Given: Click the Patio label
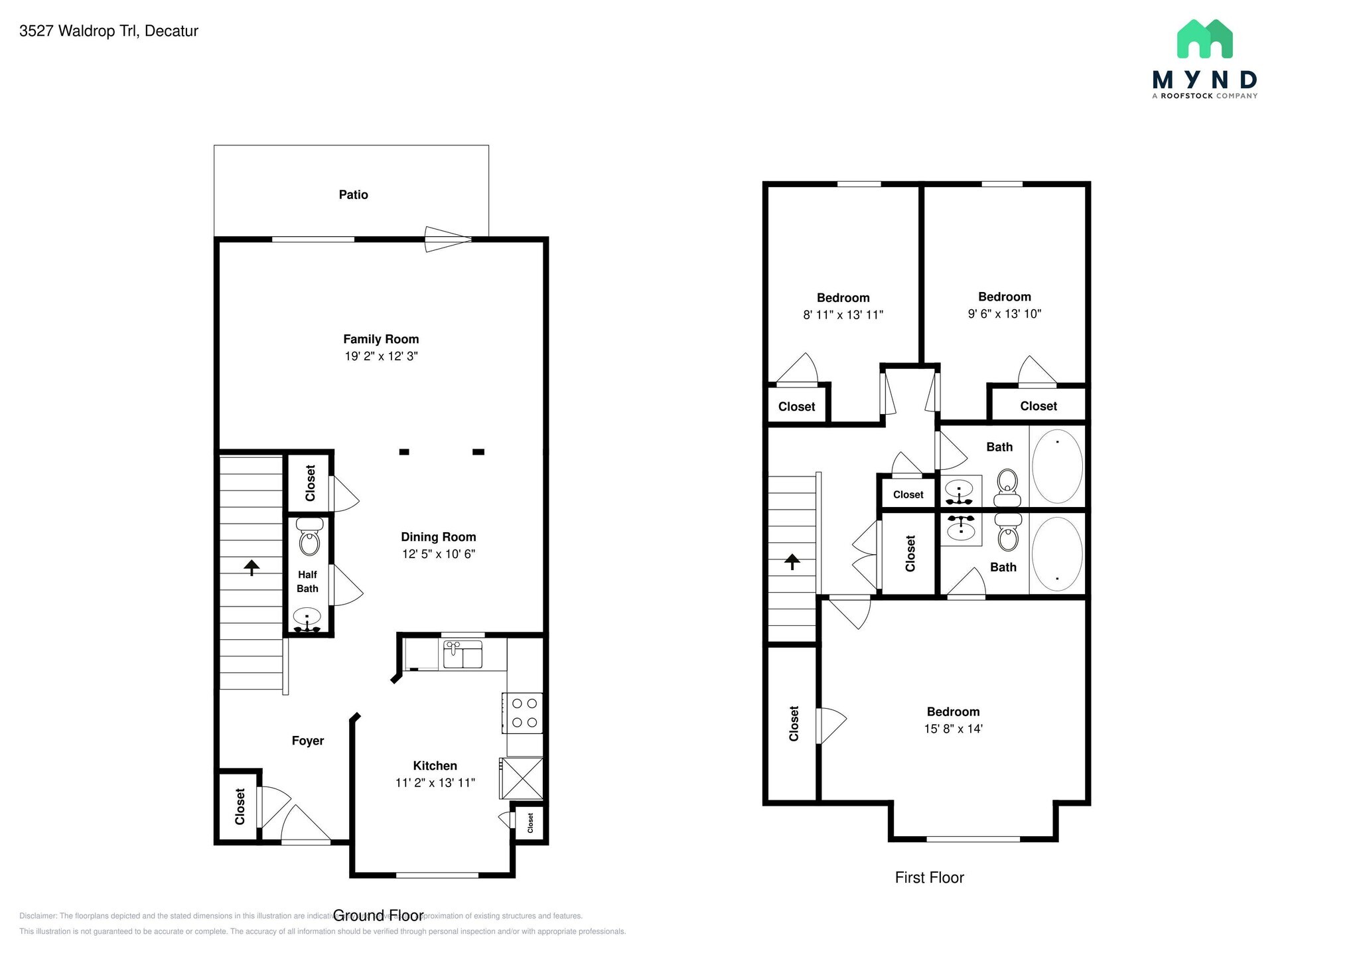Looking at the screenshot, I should [353, 194].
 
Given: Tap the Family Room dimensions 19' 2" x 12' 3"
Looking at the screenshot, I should [381, 356].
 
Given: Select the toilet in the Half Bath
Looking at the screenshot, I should [309, 538].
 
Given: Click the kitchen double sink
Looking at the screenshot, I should [463, 654].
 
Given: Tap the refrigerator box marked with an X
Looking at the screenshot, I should [522, 778].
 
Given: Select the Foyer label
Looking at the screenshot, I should [308, 741].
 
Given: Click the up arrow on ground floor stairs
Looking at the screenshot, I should [251, 567].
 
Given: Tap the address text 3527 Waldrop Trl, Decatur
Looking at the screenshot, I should [109, 31].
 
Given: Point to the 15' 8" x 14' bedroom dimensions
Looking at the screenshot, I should [953, 729].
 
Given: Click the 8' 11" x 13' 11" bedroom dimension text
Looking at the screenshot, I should [843, 315].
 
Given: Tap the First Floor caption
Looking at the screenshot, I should [929, 877].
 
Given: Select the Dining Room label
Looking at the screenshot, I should [438, 537].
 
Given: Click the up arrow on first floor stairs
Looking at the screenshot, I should [792, 562].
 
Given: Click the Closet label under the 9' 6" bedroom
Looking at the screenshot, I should [1038, 406].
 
